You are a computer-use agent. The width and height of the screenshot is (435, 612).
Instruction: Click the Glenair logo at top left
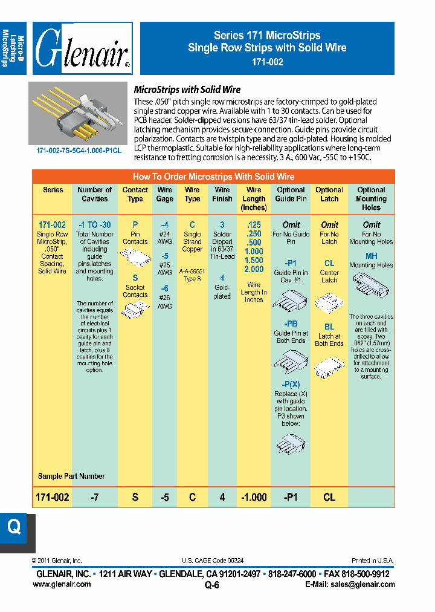click(83, 49)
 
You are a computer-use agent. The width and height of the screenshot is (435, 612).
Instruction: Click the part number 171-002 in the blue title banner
click(267, 62)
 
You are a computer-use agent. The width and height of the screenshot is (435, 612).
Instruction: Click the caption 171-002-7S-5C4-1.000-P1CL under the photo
click(79, 150)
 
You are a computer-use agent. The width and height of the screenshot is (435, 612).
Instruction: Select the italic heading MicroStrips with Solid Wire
click(187, 90)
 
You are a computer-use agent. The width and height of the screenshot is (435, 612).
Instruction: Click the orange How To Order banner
click(213, 177)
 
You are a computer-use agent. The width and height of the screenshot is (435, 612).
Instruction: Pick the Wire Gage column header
click(165, 194)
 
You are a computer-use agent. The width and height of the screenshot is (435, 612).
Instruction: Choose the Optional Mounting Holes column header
click(372, 198)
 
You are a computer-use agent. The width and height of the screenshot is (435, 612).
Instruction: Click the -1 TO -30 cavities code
click(95, 224)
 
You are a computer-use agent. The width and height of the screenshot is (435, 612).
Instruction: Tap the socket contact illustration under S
click(135, 310)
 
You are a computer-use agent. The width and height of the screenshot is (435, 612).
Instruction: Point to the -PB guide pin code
click(291, 324)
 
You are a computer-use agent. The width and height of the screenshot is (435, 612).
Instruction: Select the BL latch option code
click(329, 327)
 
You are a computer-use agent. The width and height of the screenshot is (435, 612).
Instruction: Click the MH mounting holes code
click(372, 256)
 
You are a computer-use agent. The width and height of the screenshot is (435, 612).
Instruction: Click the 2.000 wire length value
click(254, 270)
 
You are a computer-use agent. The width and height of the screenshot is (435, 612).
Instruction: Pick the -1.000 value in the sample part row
click(254, 497)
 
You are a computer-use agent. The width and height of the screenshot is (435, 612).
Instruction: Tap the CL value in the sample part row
click(329, 497)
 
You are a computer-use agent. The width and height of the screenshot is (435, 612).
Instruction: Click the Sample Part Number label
click(71, 476)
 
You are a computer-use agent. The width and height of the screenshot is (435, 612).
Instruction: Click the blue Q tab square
click(14, 527)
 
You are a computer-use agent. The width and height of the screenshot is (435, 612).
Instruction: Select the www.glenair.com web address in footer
click(62, 584)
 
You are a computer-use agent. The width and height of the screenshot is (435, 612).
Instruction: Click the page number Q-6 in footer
click(212, 585)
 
